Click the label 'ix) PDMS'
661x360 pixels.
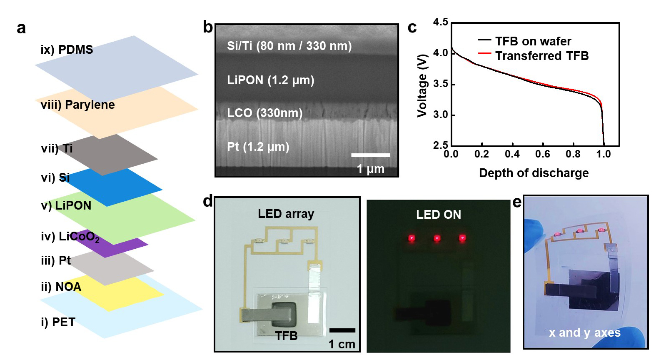pyautogui.click(x=67, y=50)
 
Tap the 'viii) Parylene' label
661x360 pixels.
pyautogui.click(x=77, y=105)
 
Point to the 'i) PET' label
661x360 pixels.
pyautogui.click(x=58, y=322)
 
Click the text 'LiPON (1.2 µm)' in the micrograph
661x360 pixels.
pyautogui.click(x=270, y=80)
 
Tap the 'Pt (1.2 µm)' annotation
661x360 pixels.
pyautogui.click(x=258, y=147)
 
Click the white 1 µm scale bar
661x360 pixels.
pyautogui.click(x=370, y=155)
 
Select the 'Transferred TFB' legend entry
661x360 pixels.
pyautogui.click(x=541, y=56)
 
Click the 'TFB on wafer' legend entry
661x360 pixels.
pyautogui.click(x=533, y=41)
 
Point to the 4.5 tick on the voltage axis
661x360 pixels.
pyautogui.click(x=440, y=22)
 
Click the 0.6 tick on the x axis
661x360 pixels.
pyautogui.click(x=542, y=154)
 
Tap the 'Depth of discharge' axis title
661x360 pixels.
pyautogui.click(x=534, y=173)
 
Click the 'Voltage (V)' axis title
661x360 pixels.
pyautogui.click(x=422, y=85)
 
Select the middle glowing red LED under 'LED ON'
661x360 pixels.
pyautogui.click(x=437, y=238)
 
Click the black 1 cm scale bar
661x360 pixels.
pyautogui.click(x=342, y=330)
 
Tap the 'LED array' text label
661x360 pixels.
pyautogui.click(x=286, y=214)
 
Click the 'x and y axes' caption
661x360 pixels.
pyautogui.click(x=584, y=332)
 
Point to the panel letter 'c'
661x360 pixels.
pyautogui.click(x=412, y=27)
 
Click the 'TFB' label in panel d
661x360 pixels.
pyautogui.click(x=286, y=335)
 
